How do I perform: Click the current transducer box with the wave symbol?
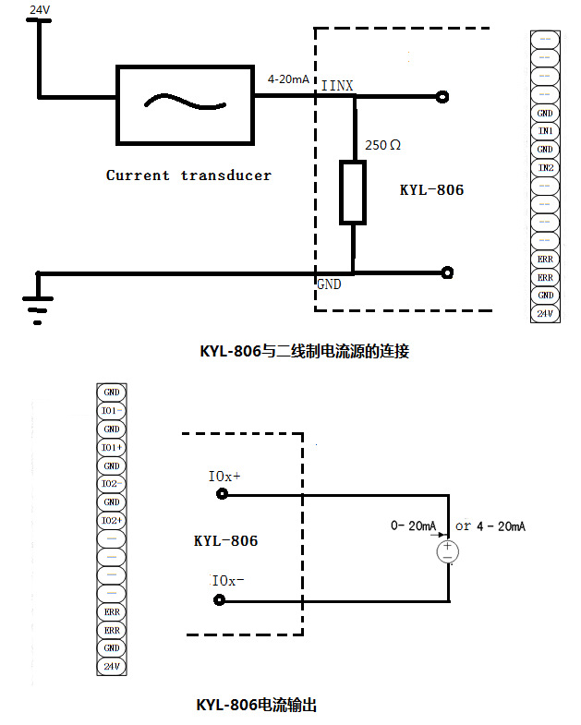(185, 104)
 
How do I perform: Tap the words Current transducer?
(188, 175)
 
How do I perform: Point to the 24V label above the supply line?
(40, 9)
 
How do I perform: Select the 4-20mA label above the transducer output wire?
(287, 79)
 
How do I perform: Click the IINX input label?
(336, 86)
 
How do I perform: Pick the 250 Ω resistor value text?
(383, 145)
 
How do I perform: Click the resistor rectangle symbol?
(353, 192)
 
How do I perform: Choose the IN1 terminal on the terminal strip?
(545, 131)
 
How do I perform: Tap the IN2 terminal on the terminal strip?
(545, 168)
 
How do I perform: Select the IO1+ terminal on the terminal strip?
(111, 447)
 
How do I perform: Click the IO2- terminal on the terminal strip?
(111, 484)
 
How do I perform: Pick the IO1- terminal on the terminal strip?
(111, 410)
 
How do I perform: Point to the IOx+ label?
(224, 477)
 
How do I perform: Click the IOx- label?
(228, 581)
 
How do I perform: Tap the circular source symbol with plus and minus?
(448, 551)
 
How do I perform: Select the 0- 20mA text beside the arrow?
(413, 526)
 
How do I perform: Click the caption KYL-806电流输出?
(257, 705)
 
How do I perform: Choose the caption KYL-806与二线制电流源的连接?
(304, 351)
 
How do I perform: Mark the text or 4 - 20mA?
(490, 526)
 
